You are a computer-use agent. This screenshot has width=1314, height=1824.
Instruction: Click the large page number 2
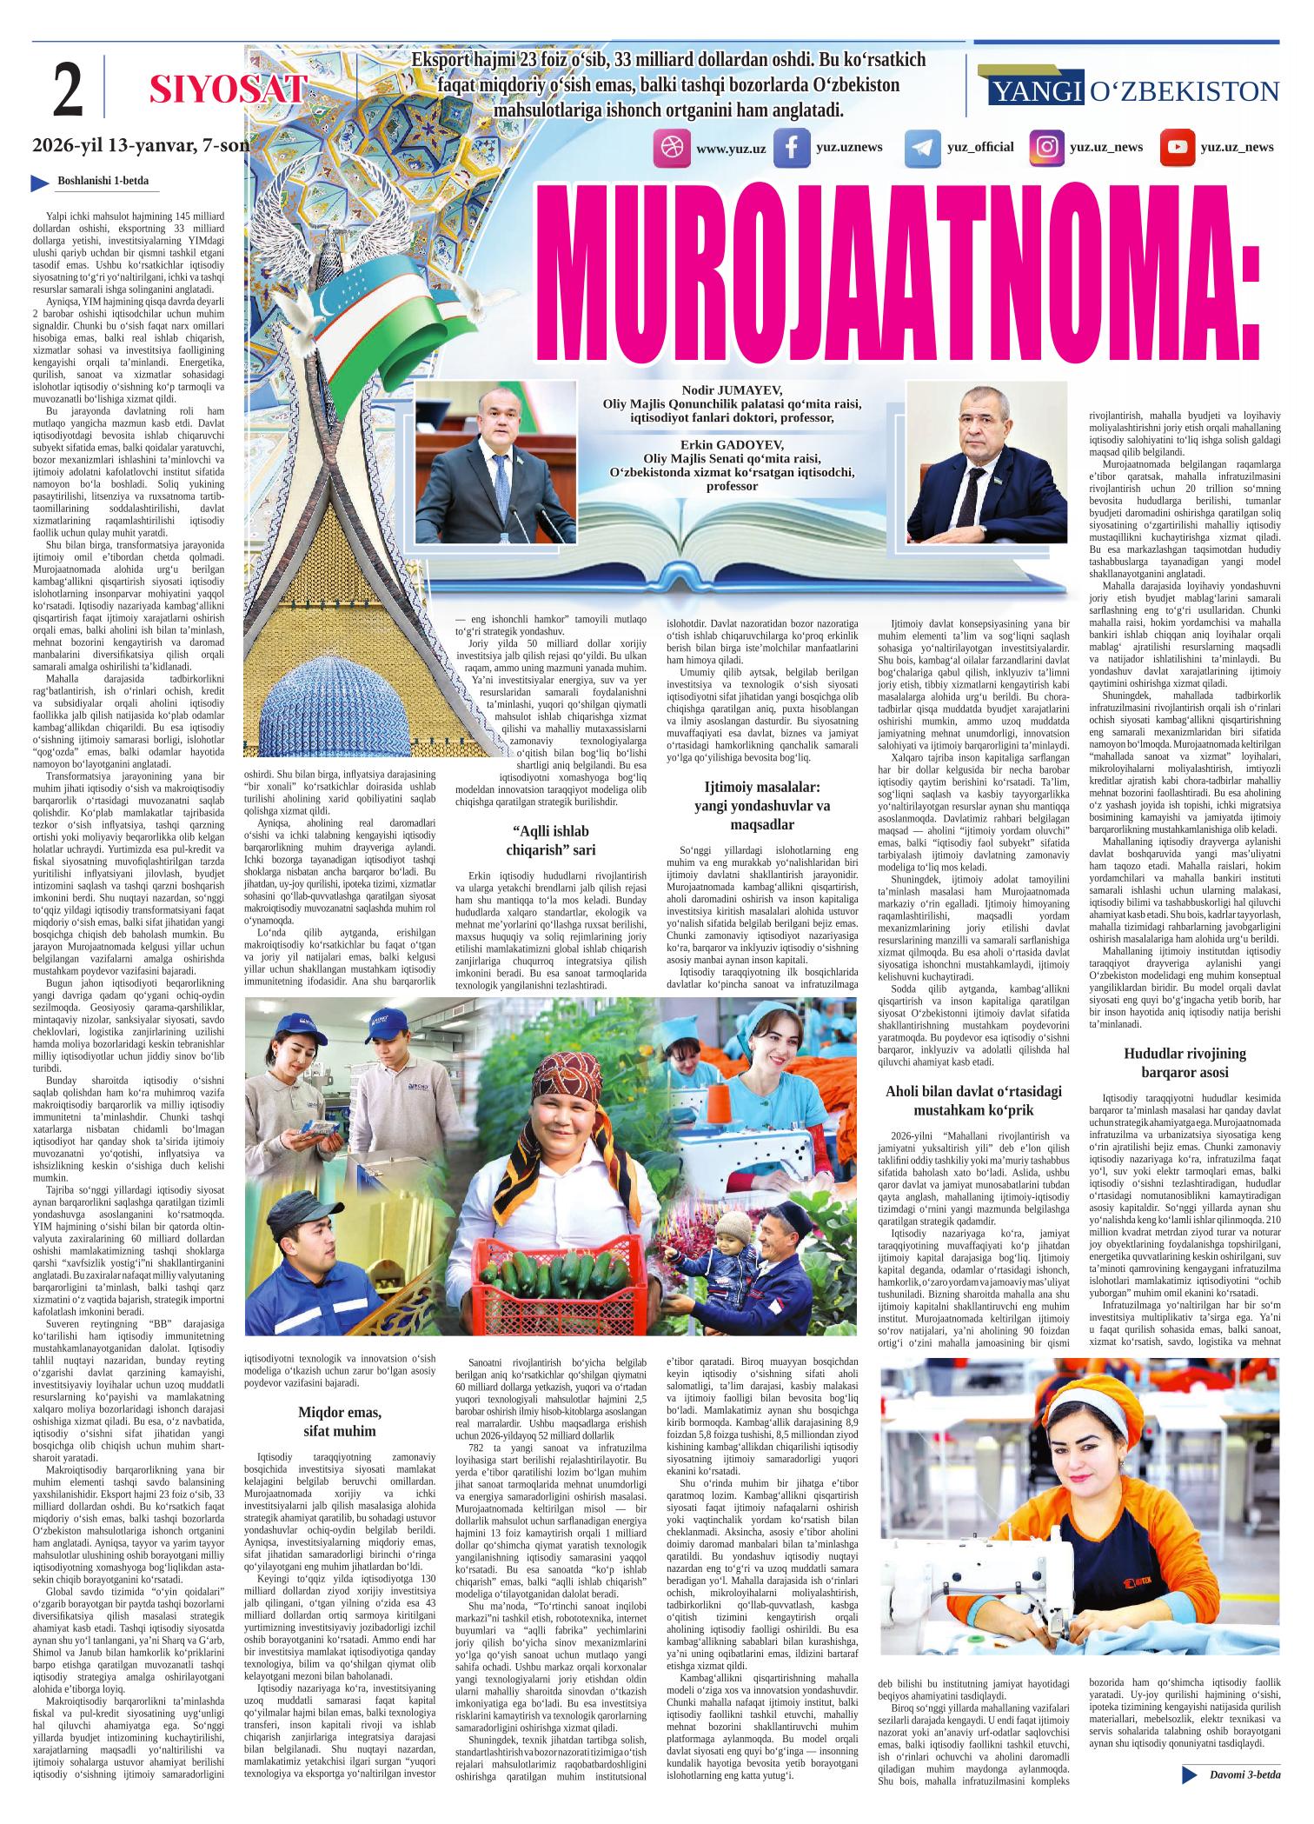coord(68,90)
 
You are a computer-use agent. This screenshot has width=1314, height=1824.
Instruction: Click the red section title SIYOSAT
coord(229,90)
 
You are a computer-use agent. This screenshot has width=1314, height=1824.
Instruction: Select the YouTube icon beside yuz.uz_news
coord(1177,147)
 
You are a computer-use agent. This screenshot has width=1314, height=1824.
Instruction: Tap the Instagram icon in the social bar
coord(1047,148)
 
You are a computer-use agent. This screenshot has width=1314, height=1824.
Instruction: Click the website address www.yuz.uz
coord(731,149)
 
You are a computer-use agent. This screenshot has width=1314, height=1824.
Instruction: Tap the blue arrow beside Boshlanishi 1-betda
coord(39,182)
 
